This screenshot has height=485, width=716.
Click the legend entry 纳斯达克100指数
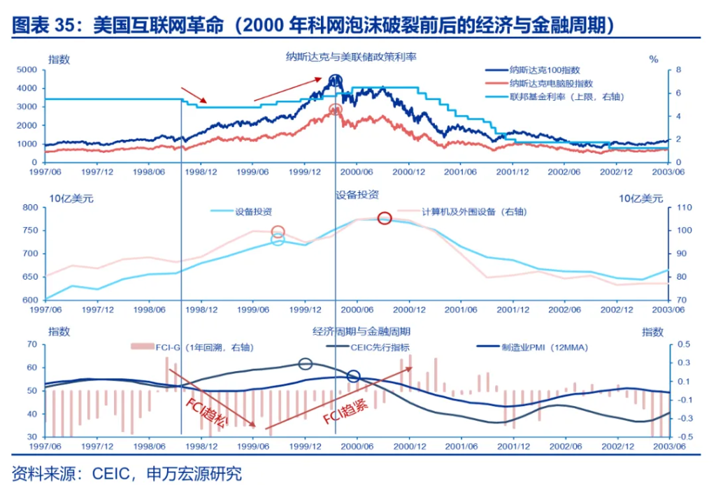545,70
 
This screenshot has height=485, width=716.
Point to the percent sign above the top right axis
654,59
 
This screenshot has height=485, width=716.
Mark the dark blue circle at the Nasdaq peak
336,81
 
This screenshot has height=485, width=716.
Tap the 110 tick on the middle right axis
682,208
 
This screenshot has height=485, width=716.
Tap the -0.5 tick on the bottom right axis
682,437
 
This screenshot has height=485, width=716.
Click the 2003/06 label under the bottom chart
668,446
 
